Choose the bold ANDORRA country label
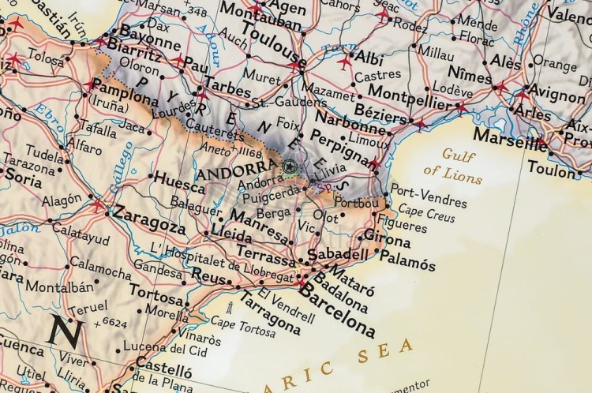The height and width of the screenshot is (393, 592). point(237,172)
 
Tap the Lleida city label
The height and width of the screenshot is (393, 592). point(232,234)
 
